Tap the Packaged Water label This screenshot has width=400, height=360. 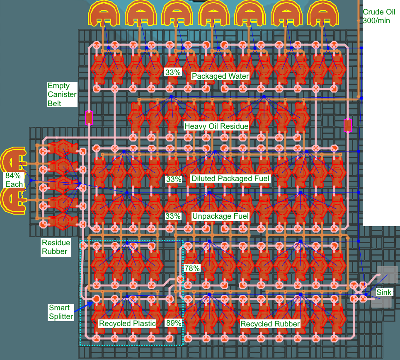[220, 76]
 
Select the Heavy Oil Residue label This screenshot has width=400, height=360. [216, 126]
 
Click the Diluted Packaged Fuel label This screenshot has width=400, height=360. [230, 179]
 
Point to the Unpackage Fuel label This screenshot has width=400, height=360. [220, 216]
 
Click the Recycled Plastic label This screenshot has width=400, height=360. [127, 324]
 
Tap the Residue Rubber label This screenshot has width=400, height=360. [56, 247]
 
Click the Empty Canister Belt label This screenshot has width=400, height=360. [62, 94]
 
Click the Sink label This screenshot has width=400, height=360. [383, 293]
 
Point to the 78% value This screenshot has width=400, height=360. [192, 268]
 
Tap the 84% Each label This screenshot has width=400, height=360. [14, 179]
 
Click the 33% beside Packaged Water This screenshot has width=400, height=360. [173, 72]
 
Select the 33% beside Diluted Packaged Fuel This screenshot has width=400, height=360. [173, 179]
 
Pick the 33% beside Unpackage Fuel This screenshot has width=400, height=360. [173, 216]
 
